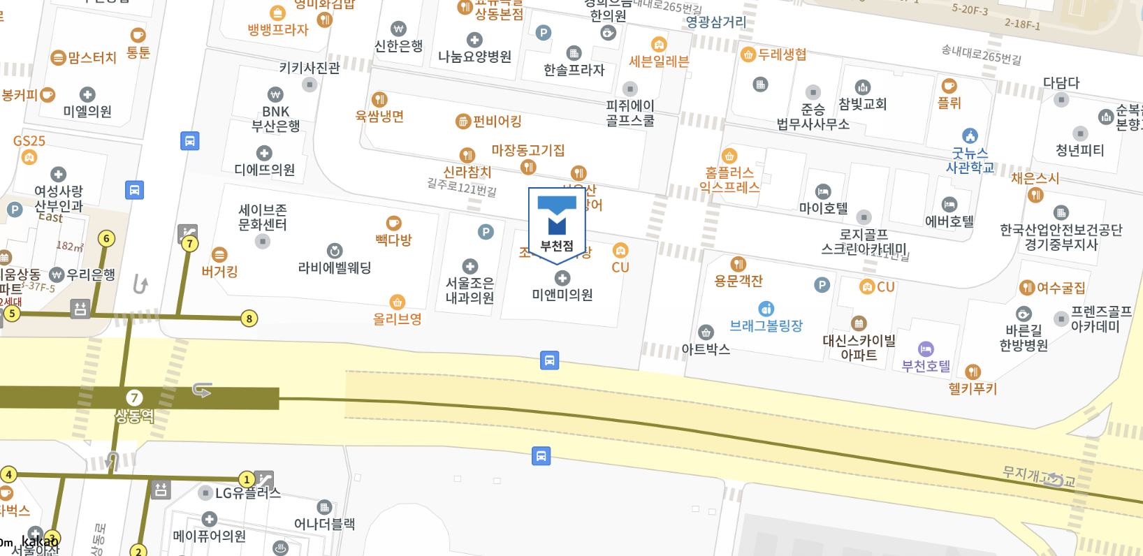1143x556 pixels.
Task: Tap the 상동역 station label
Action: [x=134, y=416]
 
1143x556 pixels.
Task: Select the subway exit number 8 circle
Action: [x=249, y=319]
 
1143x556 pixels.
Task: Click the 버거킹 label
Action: [x=219, y=272]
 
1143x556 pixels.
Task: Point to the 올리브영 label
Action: [x=397, y=319]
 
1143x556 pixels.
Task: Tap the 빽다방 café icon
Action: [x=394, y=224]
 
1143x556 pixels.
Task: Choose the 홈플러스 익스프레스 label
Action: [x=729, y=180]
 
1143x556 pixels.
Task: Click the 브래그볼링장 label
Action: [x=766, y=325]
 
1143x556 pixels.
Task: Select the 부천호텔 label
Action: [x=926, y=366]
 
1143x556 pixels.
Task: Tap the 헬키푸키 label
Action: [x=973, y=388]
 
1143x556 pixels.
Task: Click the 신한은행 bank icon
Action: [x=398, y=29]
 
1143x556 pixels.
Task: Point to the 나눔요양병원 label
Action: [x=474, y=57]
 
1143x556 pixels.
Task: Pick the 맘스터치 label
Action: [x=92, y=58]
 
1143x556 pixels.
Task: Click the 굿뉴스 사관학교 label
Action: [x=970, y=160]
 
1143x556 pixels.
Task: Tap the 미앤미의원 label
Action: [x=562, y=295]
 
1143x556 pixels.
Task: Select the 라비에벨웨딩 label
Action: [x=335, y=268]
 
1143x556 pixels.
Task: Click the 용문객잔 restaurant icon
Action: [x=738, y=264]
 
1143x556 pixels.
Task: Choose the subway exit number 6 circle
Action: [x=106, y=238]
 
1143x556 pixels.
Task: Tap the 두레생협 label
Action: [x=782, y=54]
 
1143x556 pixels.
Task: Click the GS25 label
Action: [x=29, y=141]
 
